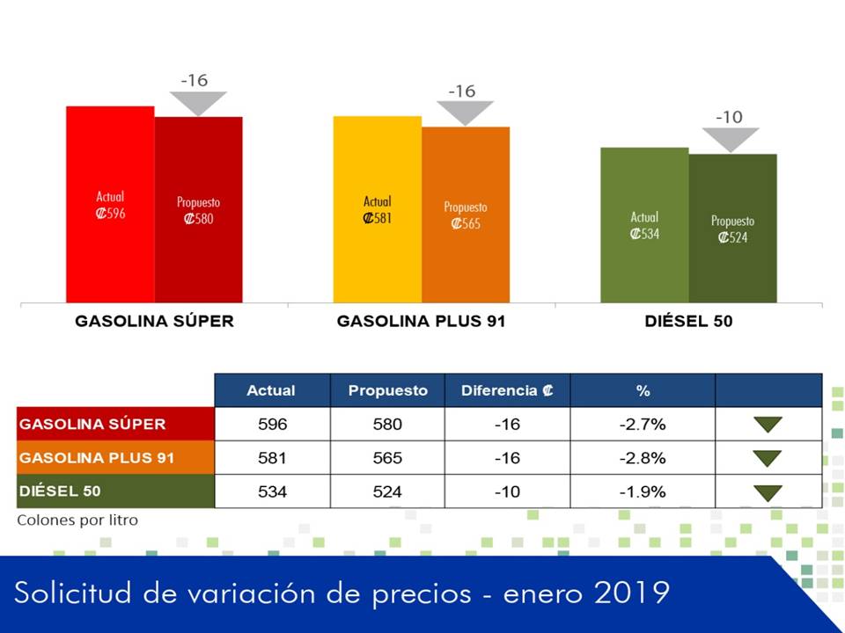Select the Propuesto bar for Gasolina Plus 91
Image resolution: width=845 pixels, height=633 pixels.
[x=466, y=215]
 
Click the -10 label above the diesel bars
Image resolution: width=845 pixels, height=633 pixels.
[x=729, y=117]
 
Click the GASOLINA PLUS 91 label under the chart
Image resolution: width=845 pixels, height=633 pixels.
[x=421, y=321]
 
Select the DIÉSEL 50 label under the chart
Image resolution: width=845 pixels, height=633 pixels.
[x=688, y=321]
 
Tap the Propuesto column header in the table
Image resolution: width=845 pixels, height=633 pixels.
[x=387, y=390]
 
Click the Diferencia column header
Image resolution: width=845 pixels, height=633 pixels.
[x=507, y=390]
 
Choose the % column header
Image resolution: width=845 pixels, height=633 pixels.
[x=643, y=390]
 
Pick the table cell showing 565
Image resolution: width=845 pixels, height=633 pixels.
[x=387, y=458]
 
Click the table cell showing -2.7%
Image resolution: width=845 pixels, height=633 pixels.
[x=643, y=425]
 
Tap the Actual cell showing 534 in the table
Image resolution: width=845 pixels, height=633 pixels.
[x=272, y=491]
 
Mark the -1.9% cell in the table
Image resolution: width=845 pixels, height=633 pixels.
[x=643, y=491]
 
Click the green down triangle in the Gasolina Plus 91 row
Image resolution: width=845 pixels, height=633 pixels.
[x=768, y=458]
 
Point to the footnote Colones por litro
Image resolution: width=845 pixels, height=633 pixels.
[x=77, y=520]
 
